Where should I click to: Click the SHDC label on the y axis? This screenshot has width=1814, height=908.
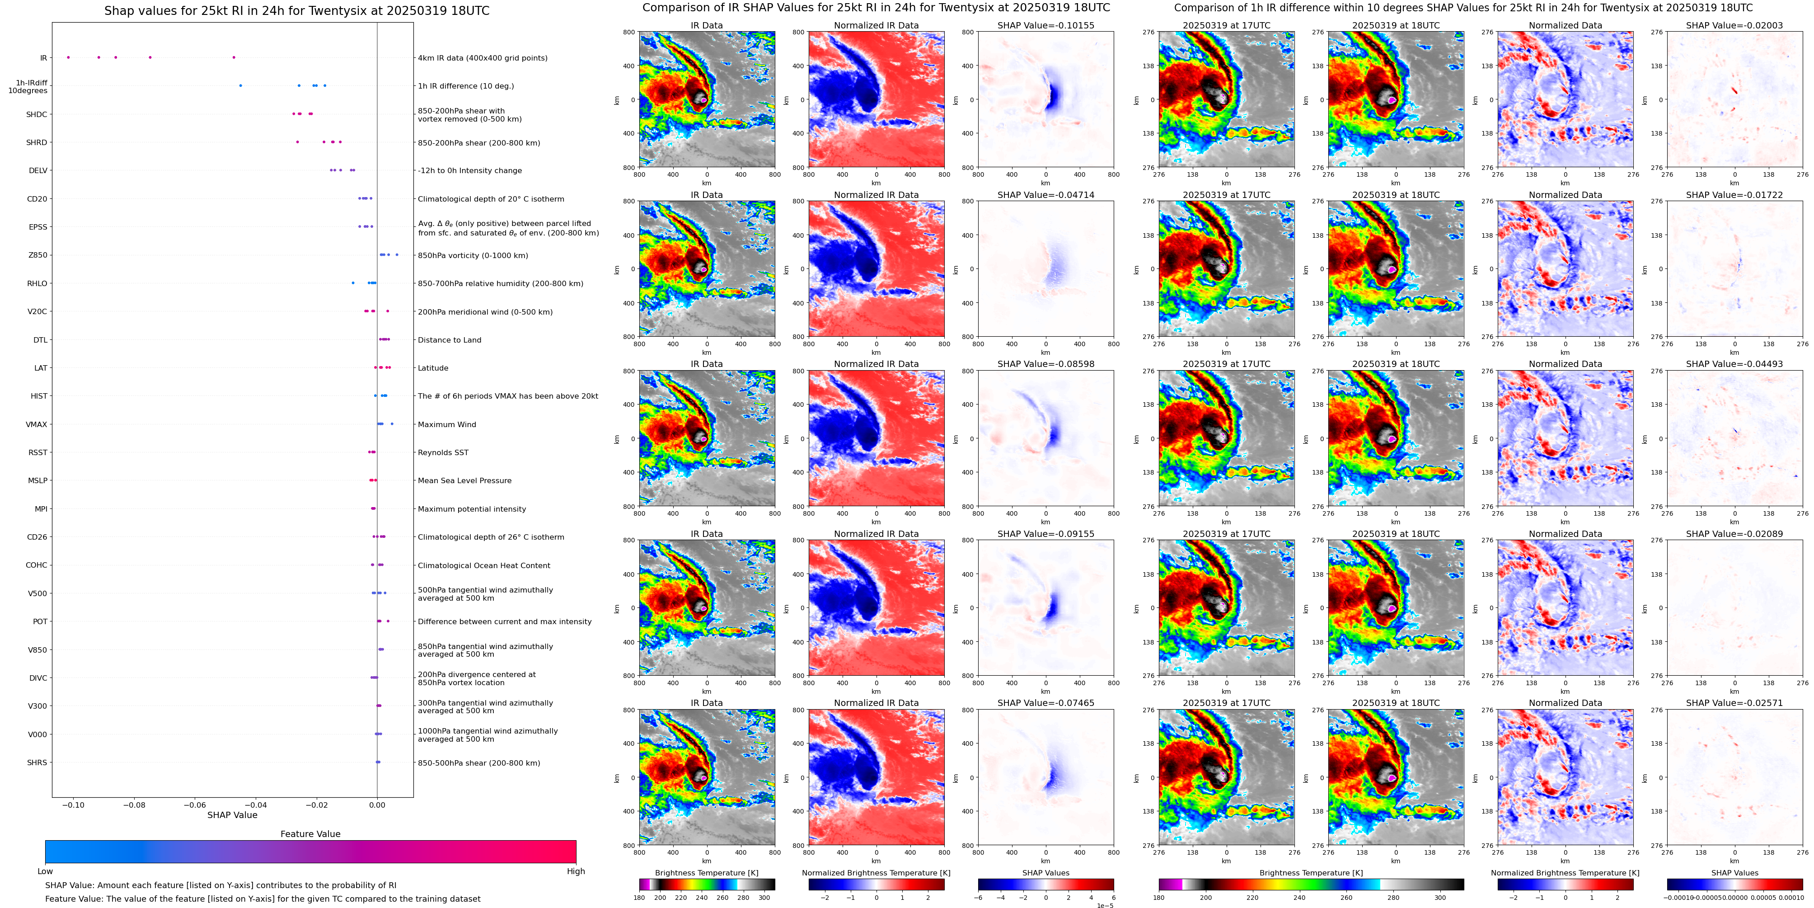(37, 114)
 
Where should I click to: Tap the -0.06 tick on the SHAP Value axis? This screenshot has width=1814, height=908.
(195, 804)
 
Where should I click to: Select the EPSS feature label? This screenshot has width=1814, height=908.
(38, 227)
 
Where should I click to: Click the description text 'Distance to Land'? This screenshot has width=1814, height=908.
(449, 339)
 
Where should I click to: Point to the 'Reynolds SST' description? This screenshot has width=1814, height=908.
(443, 452)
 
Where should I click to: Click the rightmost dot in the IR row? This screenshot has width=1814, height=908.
(234, 57)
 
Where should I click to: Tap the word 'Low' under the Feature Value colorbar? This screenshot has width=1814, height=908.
(45, 871)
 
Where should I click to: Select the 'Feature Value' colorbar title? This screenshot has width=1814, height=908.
(310, 834)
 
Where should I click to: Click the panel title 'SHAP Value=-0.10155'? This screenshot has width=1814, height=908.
(1046, 25)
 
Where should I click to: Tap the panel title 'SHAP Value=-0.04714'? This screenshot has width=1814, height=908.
(1046, 195)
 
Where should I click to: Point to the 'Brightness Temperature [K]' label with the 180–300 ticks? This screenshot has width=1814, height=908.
(706, 873)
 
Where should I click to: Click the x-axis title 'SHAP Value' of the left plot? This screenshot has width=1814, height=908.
(232, 815)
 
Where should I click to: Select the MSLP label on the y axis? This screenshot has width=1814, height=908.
(38, 480)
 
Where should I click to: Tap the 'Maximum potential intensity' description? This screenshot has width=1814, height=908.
(472, 508)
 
